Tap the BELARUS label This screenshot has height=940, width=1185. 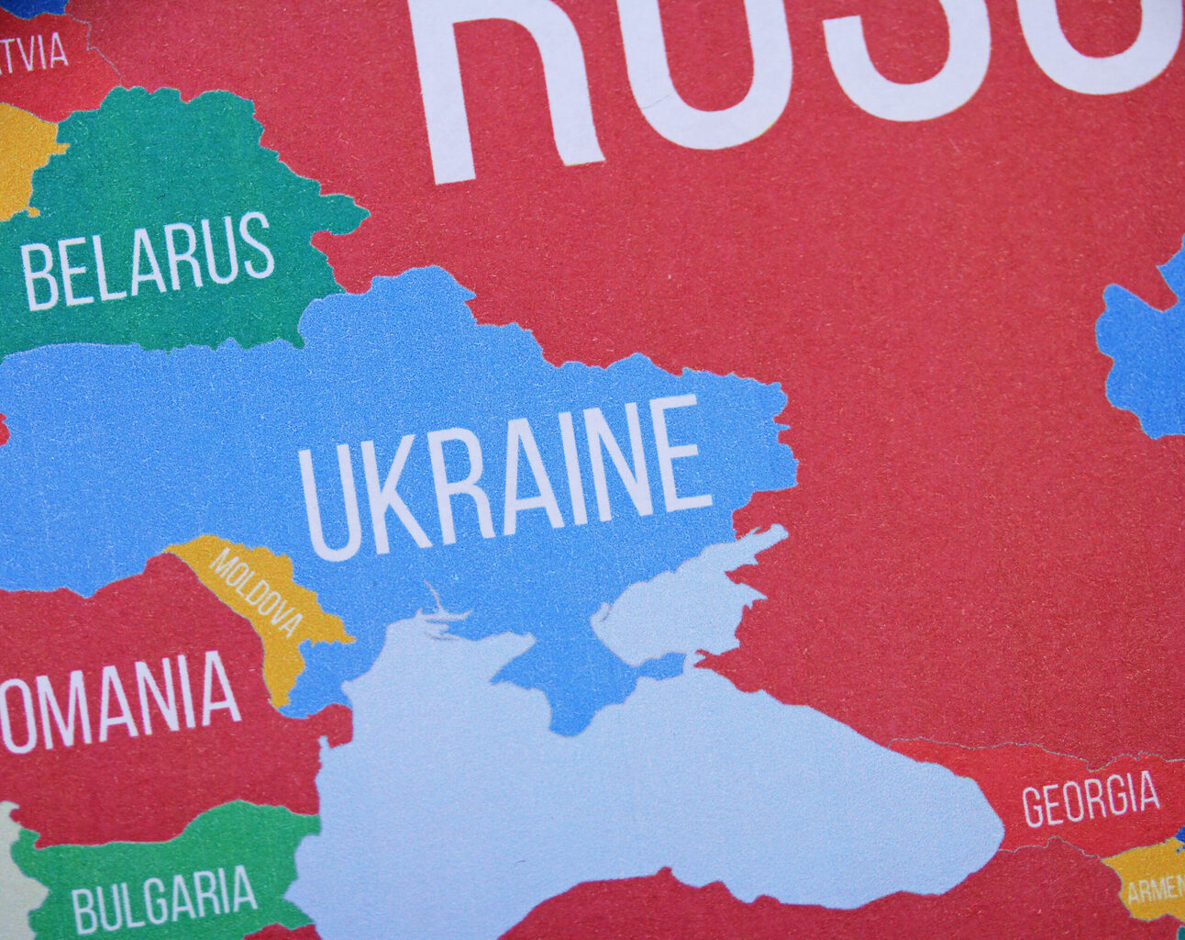(x=147, y=263)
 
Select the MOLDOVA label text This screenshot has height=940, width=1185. (x=256, y=592)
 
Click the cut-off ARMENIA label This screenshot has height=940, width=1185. (x=1156, y=888)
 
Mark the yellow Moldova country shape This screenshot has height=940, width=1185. (x=275, y=633)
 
